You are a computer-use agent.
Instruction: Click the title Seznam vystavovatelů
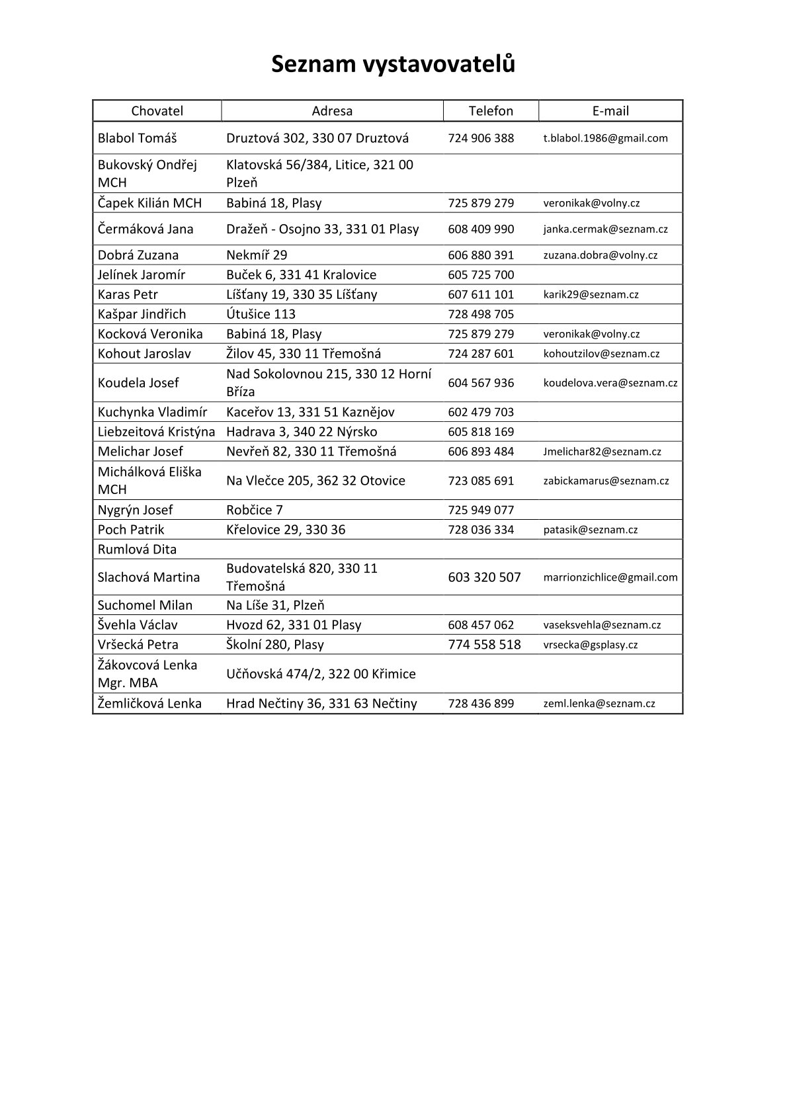click(x=393, y=64)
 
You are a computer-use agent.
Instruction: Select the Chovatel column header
click(x=157, y=111)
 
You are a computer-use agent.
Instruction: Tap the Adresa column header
click(x=332, y=111)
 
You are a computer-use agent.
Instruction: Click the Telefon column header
click(x=491, y=111)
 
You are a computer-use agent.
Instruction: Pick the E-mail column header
click(x=610, y=111)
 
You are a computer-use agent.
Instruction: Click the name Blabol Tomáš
click(x=138, y=138)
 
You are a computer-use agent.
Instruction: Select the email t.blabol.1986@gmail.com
click(x=605, y=138)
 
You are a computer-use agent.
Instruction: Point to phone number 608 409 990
click(x=481, y=229)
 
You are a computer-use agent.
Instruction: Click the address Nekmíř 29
click(x=257, y=255)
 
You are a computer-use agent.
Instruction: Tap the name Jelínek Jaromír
click(x=142, y=275)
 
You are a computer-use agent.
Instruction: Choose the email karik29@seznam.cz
click(x=591, y=295)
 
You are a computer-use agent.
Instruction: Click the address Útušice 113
click(x=261, y=314)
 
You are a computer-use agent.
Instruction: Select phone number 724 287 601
click(x=481, y=354)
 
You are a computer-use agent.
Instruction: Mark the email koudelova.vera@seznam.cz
click(x=610, y=383)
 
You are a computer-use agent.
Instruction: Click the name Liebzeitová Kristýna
click(x=156, y=432)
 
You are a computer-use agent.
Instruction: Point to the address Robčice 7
click(x=255, y=510)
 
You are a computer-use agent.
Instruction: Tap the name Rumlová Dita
click(x=137, y=550)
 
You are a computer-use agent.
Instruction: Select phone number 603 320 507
click(x=484, y=577)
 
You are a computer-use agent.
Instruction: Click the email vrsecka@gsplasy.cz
click(x=590, y=645)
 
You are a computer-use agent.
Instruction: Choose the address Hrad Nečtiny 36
click(x=321, y=704)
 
